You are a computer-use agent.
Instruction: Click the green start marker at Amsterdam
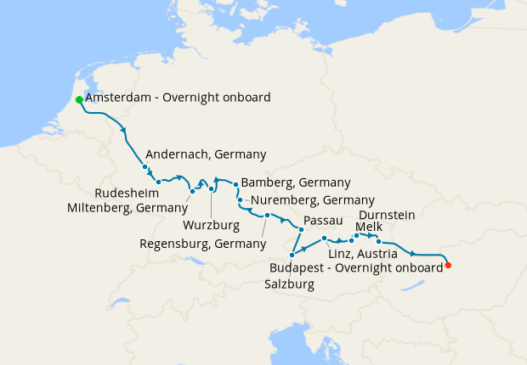pyautogui.click(x=79, y=100)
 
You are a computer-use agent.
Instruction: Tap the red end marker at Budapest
pyautogui.click(x=448, y=266)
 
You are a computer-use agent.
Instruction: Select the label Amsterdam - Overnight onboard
pyautogui.click(x=178, y=98)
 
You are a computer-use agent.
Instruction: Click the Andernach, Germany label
pyautogui.click(x=206, y=154)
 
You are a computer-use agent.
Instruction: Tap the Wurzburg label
pyautogui.click(x=211, y=226)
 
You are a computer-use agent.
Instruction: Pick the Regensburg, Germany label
pyautogui.click(x=202, y=244)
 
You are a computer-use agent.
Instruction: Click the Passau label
pyautogui.click(x=322, y=221)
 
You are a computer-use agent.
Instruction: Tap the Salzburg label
pyautogui.click(x=292, y=285)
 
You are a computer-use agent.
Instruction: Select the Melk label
pyautogui.click(x=369, y=227)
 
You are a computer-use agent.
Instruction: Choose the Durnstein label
pyautogui.click(x=387, y=215)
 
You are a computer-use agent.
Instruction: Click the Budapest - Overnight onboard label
pyautogui.click(x=354, y=267)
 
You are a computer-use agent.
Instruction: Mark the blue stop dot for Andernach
pyautogui.click(x=145, y=167)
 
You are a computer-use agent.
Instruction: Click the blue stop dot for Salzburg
pyautogui.click(x=292, y=255)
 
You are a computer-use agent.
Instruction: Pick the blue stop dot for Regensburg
pyautogui.click(x=267, y=216)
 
